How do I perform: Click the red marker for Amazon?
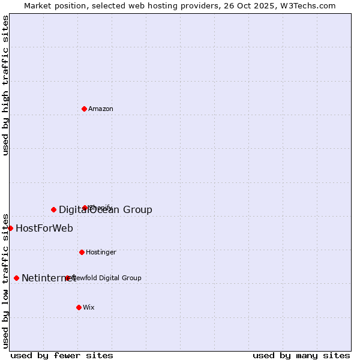point(84,109)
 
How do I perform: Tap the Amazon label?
point(101,109)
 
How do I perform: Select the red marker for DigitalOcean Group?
point(53,209)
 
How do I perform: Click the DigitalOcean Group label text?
point(105,209)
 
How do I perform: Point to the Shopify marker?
point(85,208)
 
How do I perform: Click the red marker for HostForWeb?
point(10,228)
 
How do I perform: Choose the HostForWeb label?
point(44,228)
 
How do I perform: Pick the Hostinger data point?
point(82,252)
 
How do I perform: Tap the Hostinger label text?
point(101,252)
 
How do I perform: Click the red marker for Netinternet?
point(16,278)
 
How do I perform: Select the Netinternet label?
point(48,278)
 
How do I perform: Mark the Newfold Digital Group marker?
point(67,278)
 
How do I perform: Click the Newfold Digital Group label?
point(108,278)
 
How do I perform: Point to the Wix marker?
point(79,307)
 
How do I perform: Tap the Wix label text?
point(89,307)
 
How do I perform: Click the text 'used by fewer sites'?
point(62,355)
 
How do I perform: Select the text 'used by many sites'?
point(301,355)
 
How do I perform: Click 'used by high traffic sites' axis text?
point(5,85)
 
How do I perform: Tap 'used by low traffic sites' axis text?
point(5,280)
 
